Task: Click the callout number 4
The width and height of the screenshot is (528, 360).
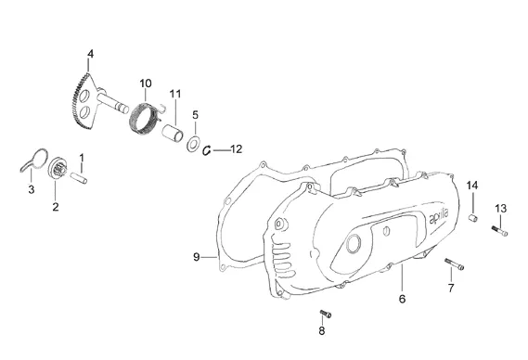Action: (90, 54)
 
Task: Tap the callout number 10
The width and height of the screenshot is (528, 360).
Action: (146, 84)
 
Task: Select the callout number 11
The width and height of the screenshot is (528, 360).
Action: (175, 94)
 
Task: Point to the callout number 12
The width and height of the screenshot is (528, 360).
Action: (237, 148)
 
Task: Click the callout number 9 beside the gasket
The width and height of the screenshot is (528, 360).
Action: (197, 257)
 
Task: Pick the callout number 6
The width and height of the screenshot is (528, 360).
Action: (402, 299)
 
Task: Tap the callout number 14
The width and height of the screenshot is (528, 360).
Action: (472, 186)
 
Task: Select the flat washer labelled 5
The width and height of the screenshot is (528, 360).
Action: (193, 144)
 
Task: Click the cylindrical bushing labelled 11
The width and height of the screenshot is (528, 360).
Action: (173, 132)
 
